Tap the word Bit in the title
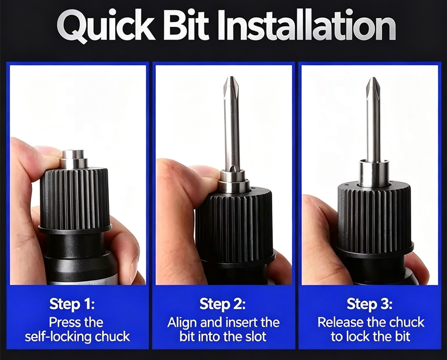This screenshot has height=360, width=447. (187, 26)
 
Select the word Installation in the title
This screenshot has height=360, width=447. (306, 26)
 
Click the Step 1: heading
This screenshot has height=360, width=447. (72, 304)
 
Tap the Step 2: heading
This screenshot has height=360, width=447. (222, 304)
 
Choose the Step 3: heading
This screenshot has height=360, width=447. (369, 304)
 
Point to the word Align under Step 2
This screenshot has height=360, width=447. (182, 323)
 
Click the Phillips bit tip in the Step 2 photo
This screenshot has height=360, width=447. (231, 84)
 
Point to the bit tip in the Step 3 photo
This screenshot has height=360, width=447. (373, 85)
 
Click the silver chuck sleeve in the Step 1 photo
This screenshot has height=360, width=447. (74, 159)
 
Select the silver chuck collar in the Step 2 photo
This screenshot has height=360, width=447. (234, 181)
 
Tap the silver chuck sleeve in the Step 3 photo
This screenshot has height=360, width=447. (373, 173)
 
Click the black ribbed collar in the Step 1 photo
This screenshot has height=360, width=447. (75, 200)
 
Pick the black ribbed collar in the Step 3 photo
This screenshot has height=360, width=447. (374, 220)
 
